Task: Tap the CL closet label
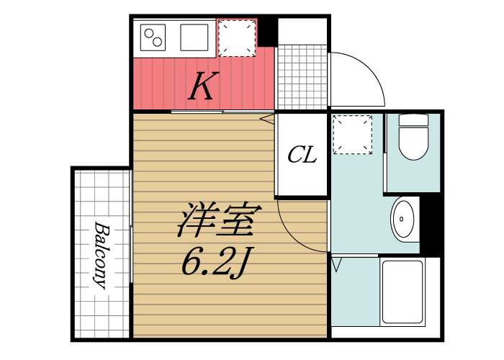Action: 302,154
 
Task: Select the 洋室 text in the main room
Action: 216,222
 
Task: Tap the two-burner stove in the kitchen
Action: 153,36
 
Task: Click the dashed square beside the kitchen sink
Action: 237,37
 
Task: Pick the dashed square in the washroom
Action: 353,135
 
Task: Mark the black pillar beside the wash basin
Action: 430,224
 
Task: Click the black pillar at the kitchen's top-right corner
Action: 268,30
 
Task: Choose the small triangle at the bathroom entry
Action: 336,266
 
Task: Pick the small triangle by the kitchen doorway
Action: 266,118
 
